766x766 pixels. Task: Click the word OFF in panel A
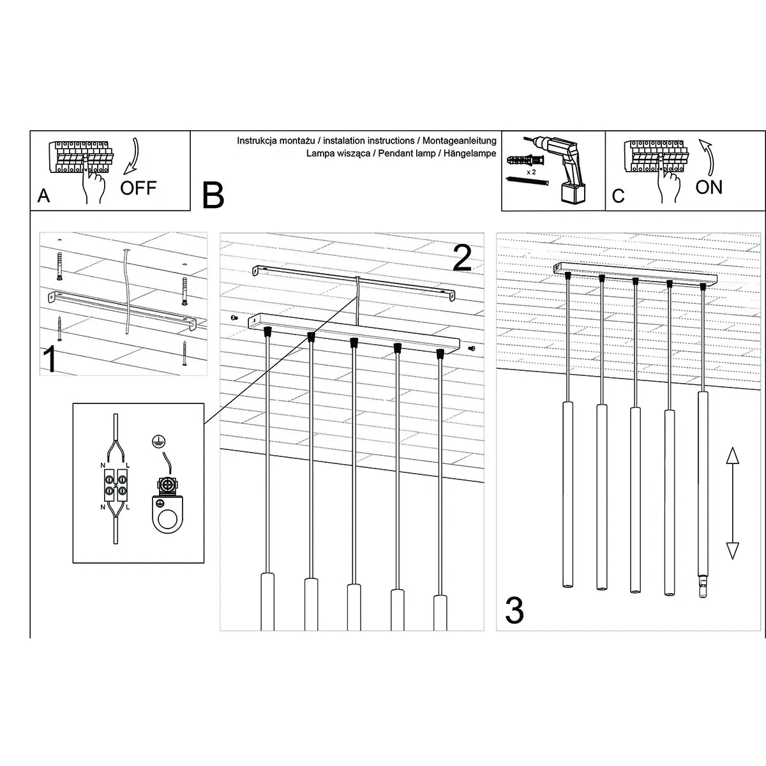click(139, 188)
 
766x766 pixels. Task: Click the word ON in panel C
click(709, 186)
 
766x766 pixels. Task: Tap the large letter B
click(213, 195)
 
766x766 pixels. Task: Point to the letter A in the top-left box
click(43, 195)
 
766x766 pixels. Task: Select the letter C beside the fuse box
click(618, 195)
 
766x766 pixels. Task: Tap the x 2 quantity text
click(530, 172)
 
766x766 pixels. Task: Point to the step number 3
click(514, 611)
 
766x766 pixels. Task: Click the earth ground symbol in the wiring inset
click(155, 440)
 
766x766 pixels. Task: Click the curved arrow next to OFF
click(132, 157)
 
